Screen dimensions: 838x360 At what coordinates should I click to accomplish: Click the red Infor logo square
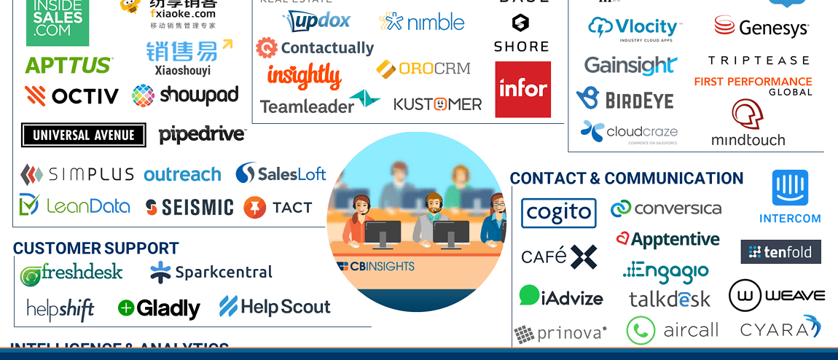[522, 89]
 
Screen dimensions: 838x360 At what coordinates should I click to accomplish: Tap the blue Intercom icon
[790, 188]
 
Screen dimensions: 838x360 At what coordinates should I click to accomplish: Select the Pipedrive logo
[202, 135]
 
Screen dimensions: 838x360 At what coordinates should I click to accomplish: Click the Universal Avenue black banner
[83, 135]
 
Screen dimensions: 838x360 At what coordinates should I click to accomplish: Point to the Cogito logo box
[559, 213]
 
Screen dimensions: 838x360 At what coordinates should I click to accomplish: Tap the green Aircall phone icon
[641, 331]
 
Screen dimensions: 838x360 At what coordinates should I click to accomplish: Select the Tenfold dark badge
[780, 252]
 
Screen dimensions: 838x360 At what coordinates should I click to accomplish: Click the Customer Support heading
[95, 249]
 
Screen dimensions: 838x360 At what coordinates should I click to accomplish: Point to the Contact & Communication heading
[626, 179]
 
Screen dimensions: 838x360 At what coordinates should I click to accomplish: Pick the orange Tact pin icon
[255, 208]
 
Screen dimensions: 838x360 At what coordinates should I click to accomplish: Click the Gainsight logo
[630, 66]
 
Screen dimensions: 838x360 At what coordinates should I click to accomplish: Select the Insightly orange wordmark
[304, 76]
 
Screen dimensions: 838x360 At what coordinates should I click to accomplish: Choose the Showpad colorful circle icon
[143, 95]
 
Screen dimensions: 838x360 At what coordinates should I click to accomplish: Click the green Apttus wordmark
[68, 66]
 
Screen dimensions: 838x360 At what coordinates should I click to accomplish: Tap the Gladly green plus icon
[126, 308]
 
